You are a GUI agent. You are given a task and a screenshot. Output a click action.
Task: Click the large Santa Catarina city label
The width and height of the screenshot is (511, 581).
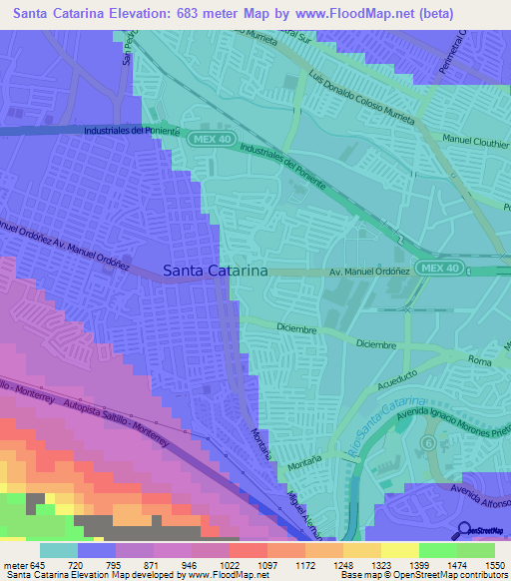pos(215,270)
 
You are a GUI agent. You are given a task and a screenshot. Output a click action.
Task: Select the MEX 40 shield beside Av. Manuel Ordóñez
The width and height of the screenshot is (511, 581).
pos(439,269)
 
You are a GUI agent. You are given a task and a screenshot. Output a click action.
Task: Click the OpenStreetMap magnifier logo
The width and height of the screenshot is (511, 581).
pos(465,531)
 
